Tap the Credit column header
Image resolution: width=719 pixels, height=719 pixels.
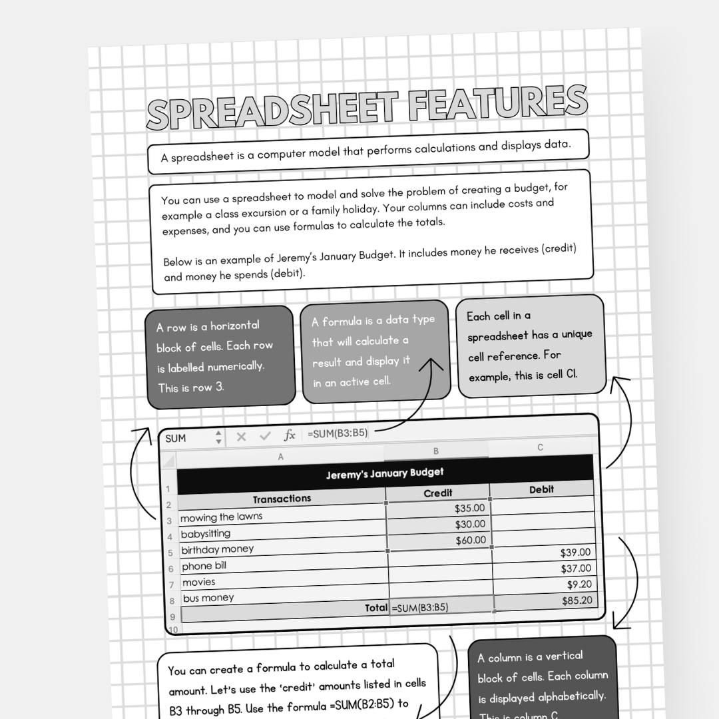(x=437, y=493)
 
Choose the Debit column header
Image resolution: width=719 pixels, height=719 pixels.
(x=541, y=489)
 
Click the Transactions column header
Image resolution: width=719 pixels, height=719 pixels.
(x=282, y=499)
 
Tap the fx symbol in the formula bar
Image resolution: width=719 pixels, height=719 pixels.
(x=290, y=435)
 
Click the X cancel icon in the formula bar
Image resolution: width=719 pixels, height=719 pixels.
(x=241, y=437)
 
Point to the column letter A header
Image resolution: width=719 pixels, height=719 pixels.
(x=280, y=457)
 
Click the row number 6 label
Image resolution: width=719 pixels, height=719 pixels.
(x=171, y=569)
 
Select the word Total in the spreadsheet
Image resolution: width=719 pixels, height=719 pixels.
(x=376, y=607)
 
